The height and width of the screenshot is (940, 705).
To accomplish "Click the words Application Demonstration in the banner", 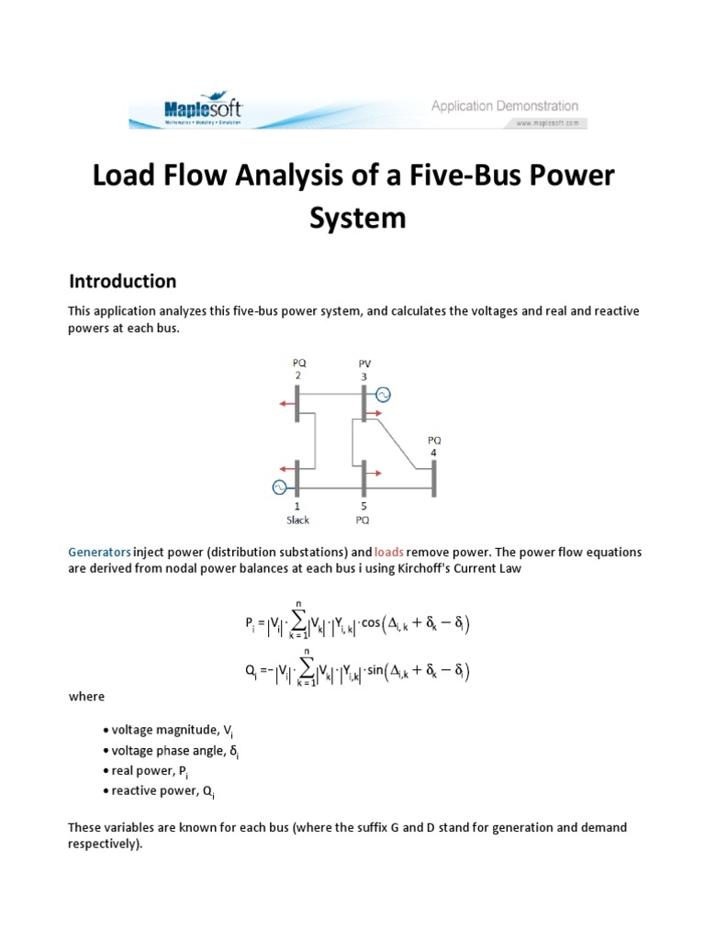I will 505,106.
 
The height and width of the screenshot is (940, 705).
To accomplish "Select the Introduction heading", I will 123,281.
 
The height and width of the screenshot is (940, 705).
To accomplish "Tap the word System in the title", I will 352,218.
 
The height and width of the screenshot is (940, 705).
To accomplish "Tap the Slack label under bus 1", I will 297,520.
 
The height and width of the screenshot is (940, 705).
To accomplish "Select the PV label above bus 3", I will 365,363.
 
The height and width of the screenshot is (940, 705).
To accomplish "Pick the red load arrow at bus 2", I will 286,403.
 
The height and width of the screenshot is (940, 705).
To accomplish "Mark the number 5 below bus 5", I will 364,506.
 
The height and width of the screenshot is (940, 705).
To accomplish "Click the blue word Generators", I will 99,553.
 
